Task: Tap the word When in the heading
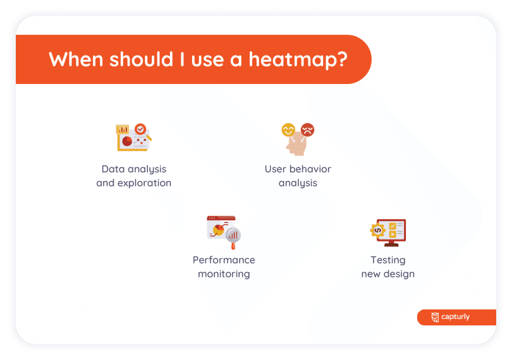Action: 76,59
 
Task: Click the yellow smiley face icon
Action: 288,130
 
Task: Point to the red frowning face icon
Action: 307,129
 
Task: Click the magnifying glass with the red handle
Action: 233,237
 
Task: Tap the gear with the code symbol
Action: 377,230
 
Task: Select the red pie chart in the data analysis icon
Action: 127,141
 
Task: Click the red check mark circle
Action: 140,129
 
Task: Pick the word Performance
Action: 224,260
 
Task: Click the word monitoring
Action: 224,274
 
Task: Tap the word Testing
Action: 388,260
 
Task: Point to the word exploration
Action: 144,183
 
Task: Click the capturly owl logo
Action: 435,317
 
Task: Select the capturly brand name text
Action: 456,316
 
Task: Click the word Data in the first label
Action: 113,169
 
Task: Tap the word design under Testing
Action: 399,274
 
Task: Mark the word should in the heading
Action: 141,59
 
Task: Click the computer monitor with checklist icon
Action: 391,232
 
